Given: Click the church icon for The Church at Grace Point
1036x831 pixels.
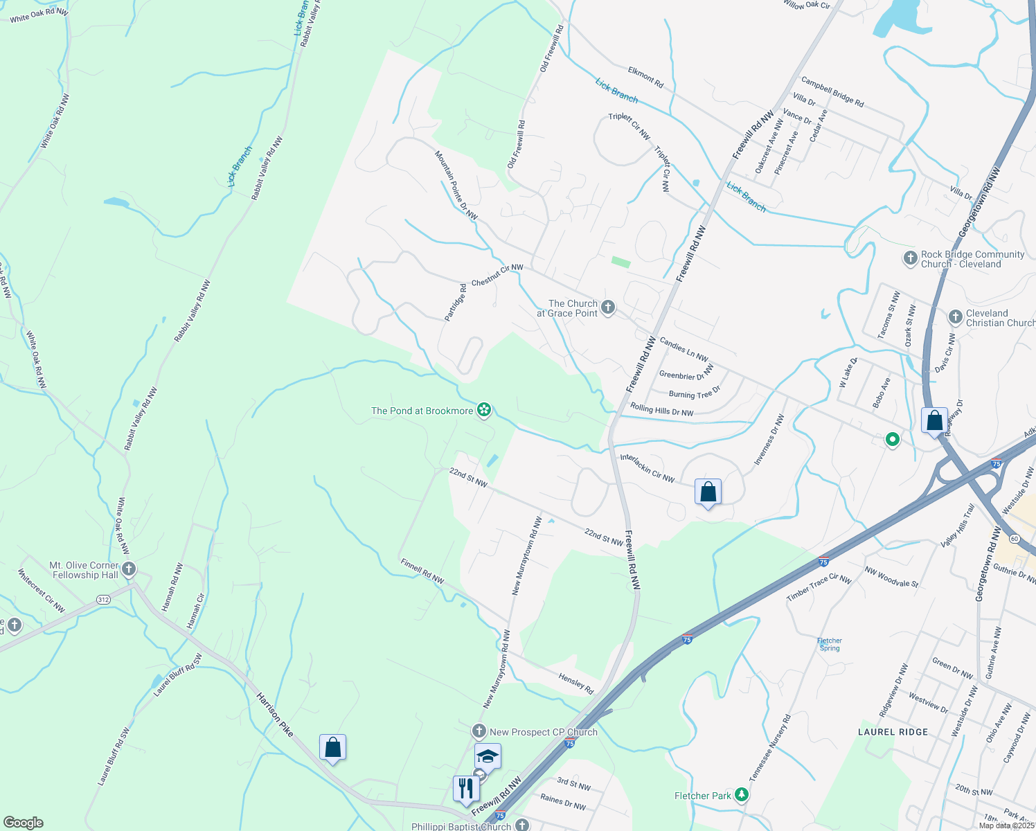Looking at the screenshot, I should (608, 307).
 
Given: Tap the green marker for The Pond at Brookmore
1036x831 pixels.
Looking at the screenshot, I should (484, 411).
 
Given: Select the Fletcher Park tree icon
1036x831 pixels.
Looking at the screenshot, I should (742, 794).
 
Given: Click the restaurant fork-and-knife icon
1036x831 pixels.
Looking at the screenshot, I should (466, 788).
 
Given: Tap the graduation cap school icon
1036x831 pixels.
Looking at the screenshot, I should (488, 757).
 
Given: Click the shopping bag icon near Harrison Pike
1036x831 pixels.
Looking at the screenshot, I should (332, 747).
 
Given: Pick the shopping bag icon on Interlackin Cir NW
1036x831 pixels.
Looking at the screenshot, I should (708, 492).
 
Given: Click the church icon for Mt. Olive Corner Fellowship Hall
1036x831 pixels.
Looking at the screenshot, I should (129, 570).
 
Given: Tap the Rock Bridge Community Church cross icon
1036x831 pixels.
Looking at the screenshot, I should (911, 258).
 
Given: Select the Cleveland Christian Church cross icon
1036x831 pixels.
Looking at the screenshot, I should (955, 317).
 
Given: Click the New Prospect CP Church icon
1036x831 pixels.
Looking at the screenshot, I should (479, 731).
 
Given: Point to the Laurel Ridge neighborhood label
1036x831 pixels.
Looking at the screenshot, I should (893, 732).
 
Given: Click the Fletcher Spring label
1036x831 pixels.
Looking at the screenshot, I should (829, 644).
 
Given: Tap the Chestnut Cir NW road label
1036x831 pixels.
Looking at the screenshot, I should (497, 276).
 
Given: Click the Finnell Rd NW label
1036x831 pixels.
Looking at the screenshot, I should (422, 571).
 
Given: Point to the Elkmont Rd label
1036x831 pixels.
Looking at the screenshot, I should (645, 78).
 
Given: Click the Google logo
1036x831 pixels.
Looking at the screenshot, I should (23, 823).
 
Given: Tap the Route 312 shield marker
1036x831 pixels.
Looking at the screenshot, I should (103, 599).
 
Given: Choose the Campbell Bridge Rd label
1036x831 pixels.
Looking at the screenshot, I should (832, 92).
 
